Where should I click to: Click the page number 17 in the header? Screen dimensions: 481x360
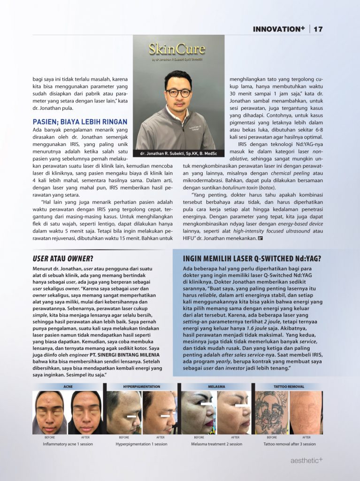tap(318, 29)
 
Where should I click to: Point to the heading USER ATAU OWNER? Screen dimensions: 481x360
tap(63, 258)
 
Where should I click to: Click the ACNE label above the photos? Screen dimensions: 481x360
tap(68, 387)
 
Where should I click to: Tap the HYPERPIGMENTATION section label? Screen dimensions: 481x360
tap(141, 387)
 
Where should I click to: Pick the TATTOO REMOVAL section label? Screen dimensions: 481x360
tap(289, 387)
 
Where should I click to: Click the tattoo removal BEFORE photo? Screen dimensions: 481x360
tap(271, 412)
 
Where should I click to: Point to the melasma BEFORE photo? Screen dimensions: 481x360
tap(198, 412)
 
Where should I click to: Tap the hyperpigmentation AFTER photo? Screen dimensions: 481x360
tap(160, 412)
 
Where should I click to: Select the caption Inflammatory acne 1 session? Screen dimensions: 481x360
tap(68, 444)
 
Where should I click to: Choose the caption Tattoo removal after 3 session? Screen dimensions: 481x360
tap(289, 444)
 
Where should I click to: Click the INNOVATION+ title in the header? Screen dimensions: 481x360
tap(279, 29)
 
